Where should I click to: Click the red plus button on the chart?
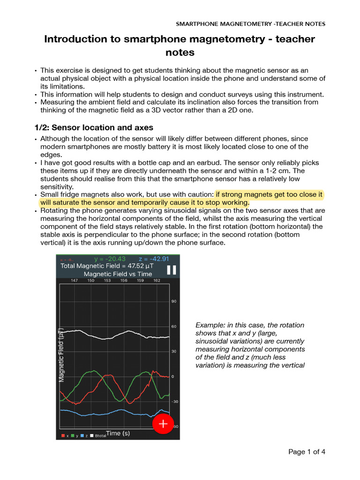[163, 424]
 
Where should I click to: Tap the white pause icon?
[171, 270]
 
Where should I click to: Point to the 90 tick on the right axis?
[173, 301]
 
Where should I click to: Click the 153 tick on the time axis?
[107, 280]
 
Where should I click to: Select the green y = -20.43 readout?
[110, 259]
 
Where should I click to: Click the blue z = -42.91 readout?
[153, 259]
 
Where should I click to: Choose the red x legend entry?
[65, 436]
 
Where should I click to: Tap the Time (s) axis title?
[118, 433]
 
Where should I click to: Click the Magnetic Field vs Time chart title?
[118, 274]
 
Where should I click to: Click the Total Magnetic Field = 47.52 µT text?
[107, 266]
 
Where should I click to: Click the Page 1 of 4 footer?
[307, 452]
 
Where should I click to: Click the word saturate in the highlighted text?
[71, 202]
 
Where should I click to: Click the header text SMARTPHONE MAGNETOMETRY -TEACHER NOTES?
[250, 24]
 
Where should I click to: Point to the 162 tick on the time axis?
[156, 280]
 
